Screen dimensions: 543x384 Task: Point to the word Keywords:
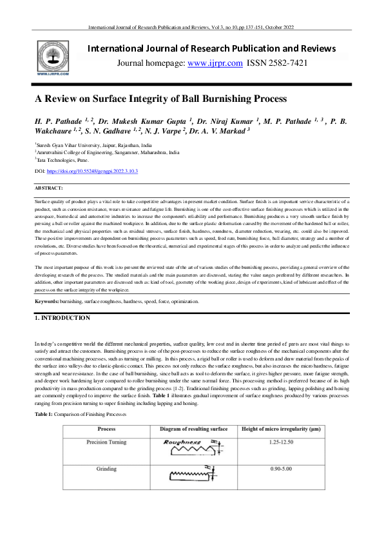pos(46,301)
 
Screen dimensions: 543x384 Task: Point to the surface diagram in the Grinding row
pos(190,493)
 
